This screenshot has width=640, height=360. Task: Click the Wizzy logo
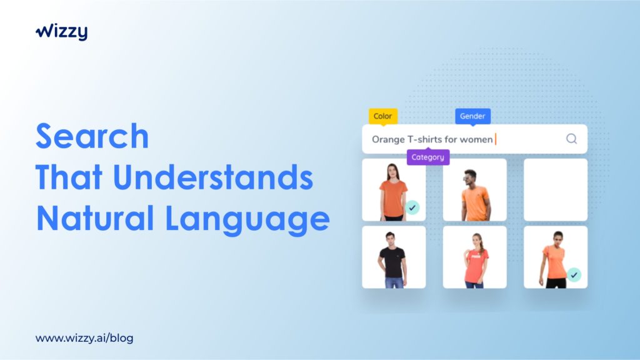click(x=62, y=31)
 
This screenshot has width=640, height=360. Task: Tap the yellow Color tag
click(x=383, y=116)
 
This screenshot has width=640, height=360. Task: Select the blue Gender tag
click(x=472, y=116)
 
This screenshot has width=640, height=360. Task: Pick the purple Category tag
click(x=427, y=157)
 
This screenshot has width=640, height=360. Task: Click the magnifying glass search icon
click(x=571, y=139)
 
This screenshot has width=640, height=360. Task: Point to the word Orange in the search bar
click(x=388, y=139)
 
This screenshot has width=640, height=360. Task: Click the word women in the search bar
click(x=476, y=139)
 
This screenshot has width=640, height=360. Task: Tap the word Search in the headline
click(x=92, y=136)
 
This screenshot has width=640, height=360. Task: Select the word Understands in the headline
click(x=213, y=177)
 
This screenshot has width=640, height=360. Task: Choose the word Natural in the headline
click(x=95, y=218)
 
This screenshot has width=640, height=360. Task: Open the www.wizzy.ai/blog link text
click(x=84, y=338)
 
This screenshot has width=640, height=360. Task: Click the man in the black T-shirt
click(x=392, y=259)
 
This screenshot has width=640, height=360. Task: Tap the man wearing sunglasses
click(x=475, y=195)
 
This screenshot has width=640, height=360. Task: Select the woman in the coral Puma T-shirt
click(x=475, y=261)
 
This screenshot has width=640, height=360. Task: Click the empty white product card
click(x=556, y=190)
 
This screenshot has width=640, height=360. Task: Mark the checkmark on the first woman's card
click(x=412, y=207)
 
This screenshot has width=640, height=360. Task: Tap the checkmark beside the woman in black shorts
click(x=574, y=275)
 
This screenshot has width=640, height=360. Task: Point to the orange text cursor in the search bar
click(x=496, y=139)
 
